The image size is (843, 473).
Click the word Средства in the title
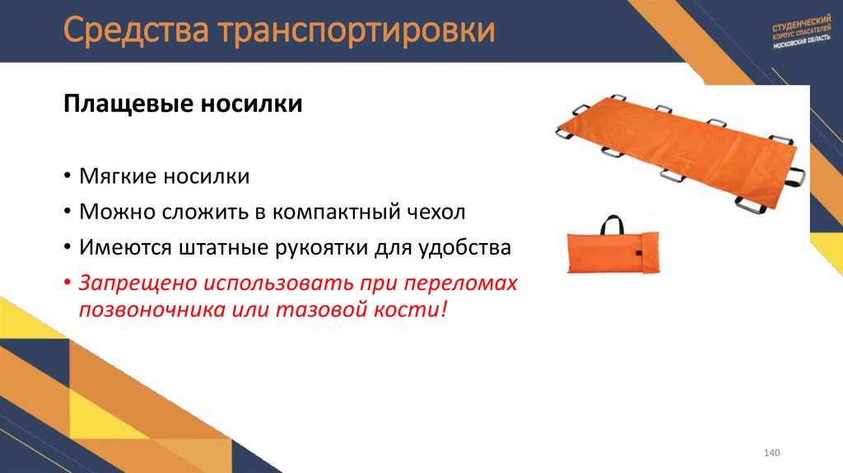[137, 30]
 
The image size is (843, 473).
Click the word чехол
[437, 212]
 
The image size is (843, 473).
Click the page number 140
[771, 455]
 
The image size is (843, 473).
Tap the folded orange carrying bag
[610, 254]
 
